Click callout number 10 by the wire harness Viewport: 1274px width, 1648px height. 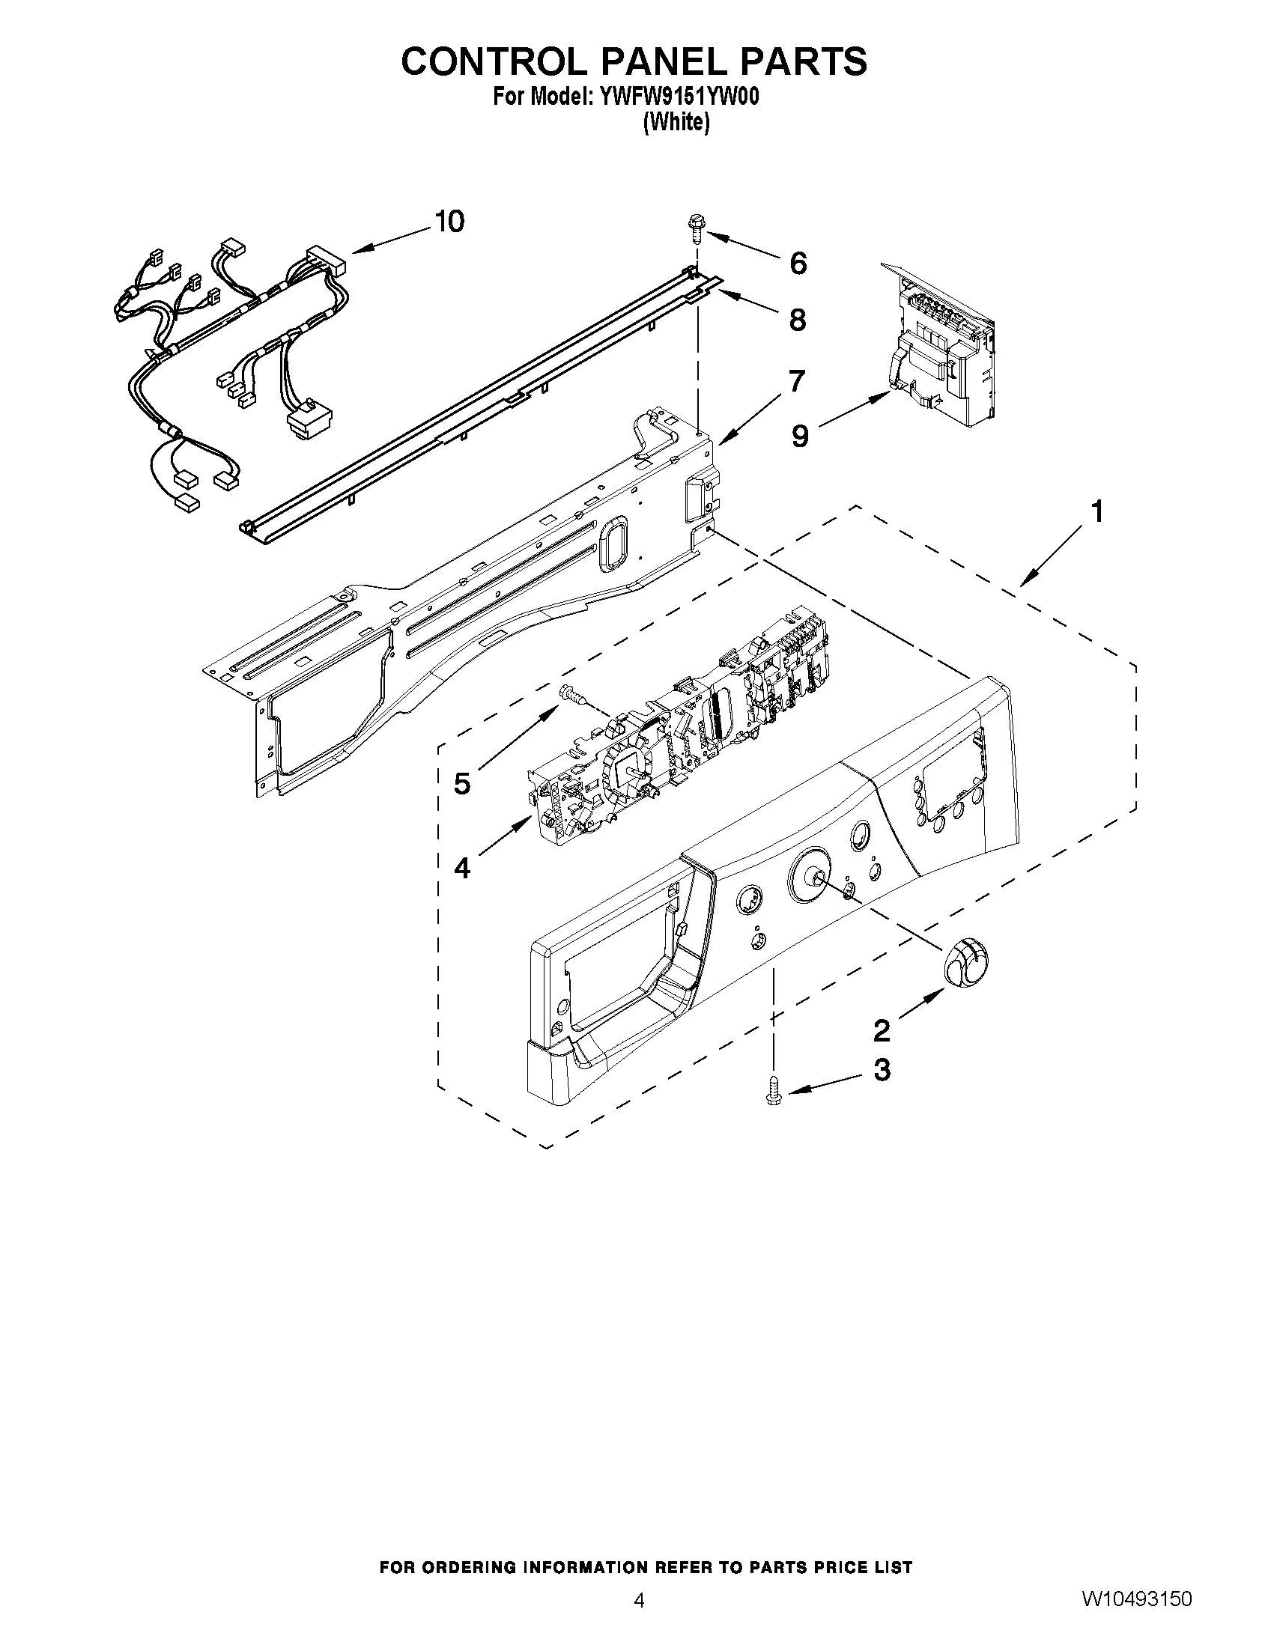coord(450,222)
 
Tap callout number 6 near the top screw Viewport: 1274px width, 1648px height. coord(798,264)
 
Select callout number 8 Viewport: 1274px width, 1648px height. coord(798,320)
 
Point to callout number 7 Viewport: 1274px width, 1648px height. coord(798,381)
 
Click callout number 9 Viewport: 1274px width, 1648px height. coord(801,436)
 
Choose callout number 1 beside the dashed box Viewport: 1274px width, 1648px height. coord(1097,512)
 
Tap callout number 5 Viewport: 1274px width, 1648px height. coord(462,783)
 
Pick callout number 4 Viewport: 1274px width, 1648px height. coord(462,869)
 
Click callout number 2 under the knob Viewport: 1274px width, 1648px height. coord(882,1030)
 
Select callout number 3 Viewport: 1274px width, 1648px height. coord(882,1070)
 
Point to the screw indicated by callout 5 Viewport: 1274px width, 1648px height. coord(571,694)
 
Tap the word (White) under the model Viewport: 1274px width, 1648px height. coord(676,122)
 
